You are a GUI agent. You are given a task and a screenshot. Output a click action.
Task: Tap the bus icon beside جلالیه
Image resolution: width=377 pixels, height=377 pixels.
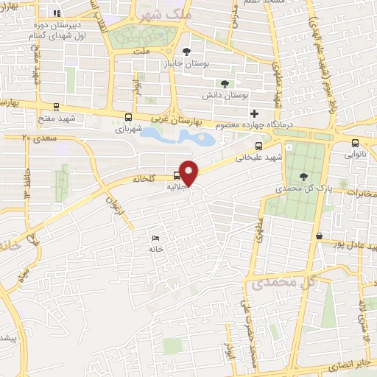pyautogui.click(x=175, y=175)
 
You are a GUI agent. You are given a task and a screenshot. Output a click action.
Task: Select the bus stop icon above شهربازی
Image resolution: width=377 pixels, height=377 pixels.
pyautogui.click(x=129, y=117)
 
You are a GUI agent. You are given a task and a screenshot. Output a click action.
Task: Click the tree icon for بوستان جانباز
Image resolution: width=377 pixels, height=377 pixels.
pyautogui.click(x=186, y=52)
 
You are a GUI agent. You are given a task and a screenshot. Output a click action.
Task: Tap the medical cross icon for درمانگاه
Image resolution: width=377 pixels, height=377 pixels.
pyautogui.click(x=255, y=113)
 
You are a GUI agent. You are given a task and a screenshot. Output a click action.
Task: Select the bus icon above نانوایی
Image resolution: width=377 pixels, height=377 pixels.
pyautogui.click(x=355, y=143)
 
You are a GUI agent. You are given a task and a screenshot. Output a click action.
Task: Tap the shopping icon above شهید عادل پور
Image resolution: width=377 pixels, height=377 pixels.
pyautogui.click(x=319, y=236)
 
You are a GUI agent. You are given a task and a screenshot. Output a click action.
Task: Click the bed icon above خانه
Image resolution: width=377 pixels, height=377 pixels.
pyautogui.click(x=154, y=238)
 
